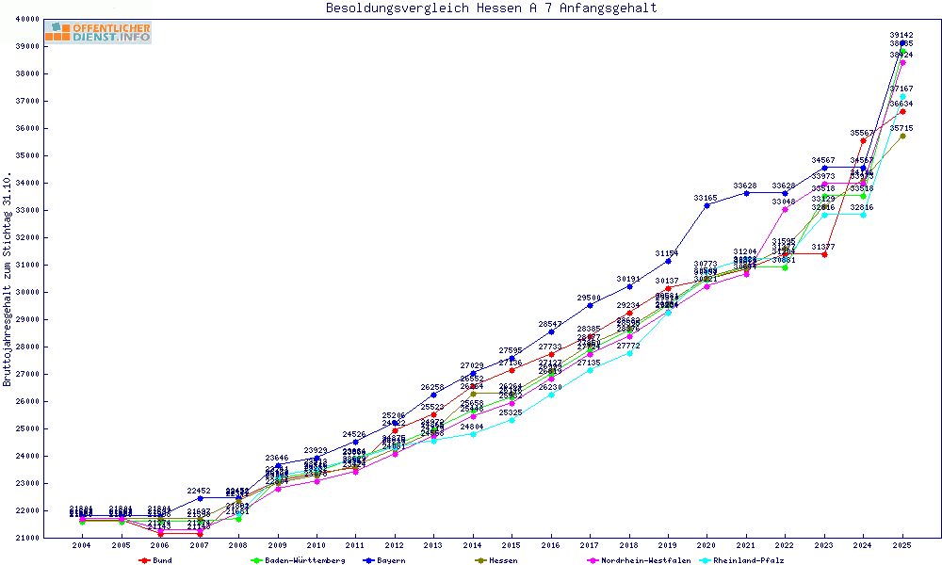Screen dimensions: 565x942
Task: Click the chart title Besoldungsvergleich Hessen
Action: pyautogui.click(x=491, y=8)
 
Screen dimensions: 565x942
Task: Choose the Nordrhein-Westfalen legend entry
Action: pyautogui.click(x=641, y=560)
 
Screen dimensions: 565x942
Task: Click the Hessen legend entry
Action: pyautogui.click(x=500, y=560)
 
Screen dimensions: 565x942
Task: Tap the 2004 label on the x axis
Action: pyautogui.click(x=82, y=546)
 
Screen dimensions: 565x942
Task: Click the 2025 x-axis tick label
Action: pyautogui.click(x=902, y=546)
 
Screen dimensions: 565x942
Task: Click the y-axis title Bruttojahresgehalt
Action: pyautogui.click(x=8, y=280)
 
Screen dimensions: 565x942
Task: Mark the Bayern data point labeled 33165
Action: pyautogui.click(x=706, y=205)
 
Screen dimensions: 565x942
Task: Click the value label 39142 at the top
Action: pyautogui.click(x=901, y=35)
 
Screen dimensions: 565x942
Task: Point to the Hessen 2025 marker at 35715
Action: pyautogui.click(x=902, y=136)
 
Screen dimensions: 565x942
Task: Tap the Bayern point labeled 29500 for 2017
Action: pyautogui.click(x=590, y=305)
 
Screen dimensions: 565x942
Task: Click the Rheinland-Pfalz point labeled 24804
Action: pyautogui.click(x=473, y=434)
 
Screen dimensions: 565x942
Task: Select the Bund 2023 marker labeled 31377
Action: pyautogui.click(x=824, y=254)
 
